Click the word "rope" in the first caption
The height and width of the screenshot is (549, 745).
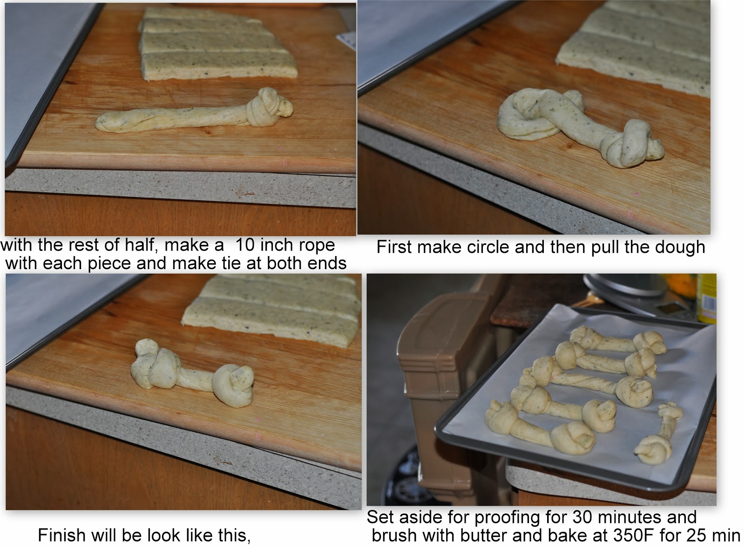[317, 246]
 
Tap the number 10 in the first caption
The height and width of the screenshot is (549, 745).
[245, 245]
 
